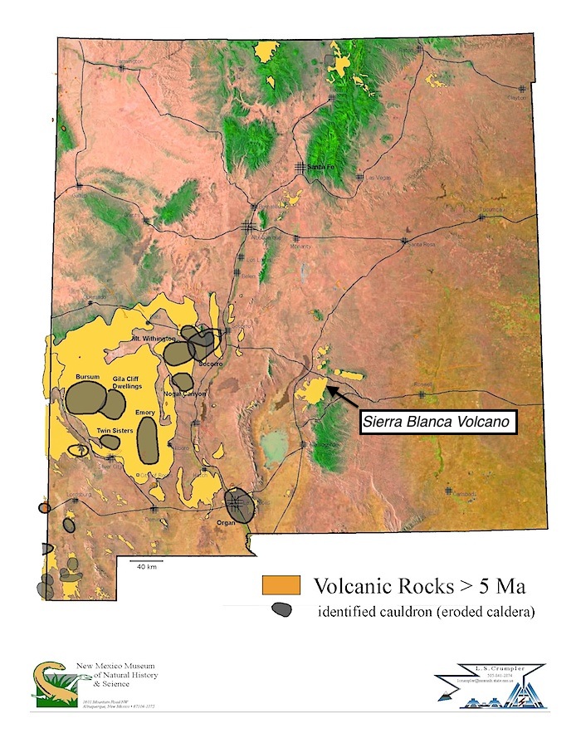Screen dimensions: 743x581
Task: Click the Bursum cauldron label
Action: tap(87, 376)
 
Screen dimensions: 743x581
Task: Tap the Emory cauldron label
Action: tap(145, 413)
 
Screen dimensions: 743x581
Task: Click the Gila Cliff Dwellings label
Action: tap(128, 383)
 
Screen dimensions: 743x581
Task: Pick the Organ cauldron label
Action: tap(226, 523)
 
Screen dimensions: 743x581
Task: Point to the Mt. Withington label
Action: tap(154, 339)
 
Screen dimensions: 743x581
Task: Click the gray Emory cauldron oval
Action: tap(148, 441)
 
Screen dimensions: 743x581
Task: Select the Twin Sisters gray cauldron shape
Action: tap(110, 442)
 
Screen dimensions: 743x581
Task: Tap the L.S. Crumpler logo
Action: tap(481, 683)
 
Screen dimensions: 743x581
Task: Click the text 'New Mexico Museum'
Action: tap(115, 667)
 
